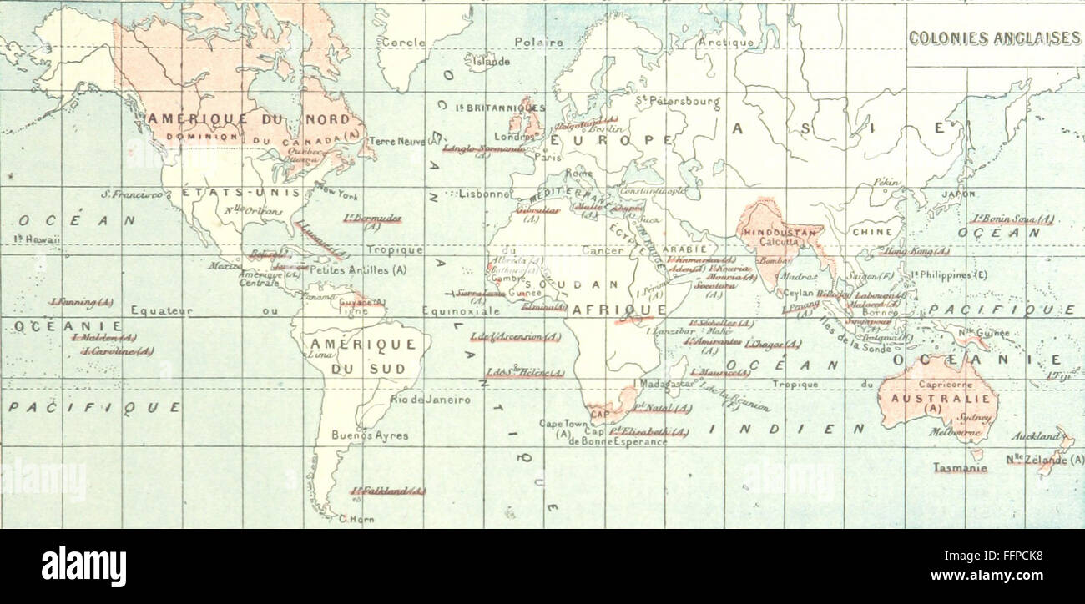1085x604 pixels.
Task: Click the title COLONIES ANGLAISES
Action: coord(993,38)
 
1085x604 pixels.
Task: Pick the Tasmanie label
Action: coord(960,468)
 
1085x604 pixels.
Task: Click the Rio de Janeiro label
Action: coord(430,400)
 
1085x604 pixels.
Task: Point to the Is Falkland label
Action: coord(387,491)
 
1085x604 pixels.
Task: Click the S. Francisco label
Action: coord(132,194)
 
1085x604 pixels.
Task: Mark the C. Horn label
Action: coord(356,520)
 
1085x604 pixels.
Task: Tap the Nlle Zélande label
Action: coord(1044,460)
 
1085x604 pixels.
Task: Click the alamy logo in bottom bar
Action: coord(83,567)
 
